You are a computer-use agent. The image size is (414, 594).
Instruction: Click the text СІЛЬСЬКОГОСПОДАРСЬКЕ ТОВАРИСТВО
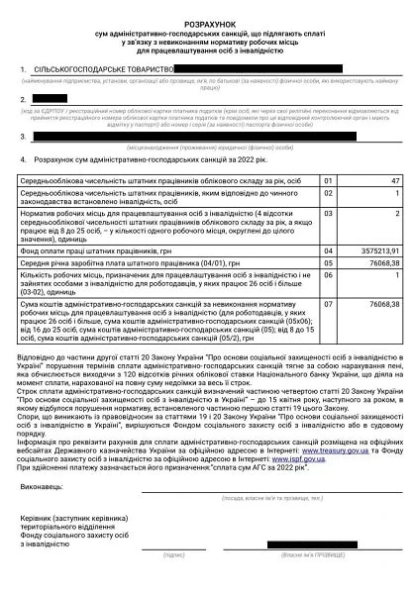pos(104,70)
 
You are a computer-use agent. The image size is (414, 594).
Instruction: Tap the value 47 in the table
pos(393,181)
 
